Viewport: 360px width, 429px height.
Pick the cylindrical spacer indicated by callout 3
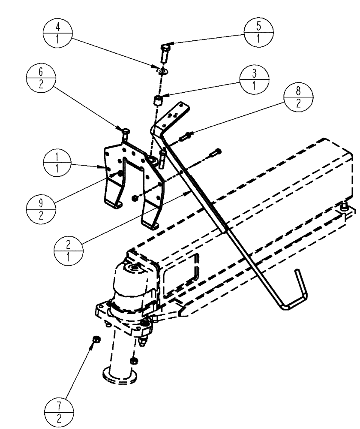(x=159, y=103)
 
